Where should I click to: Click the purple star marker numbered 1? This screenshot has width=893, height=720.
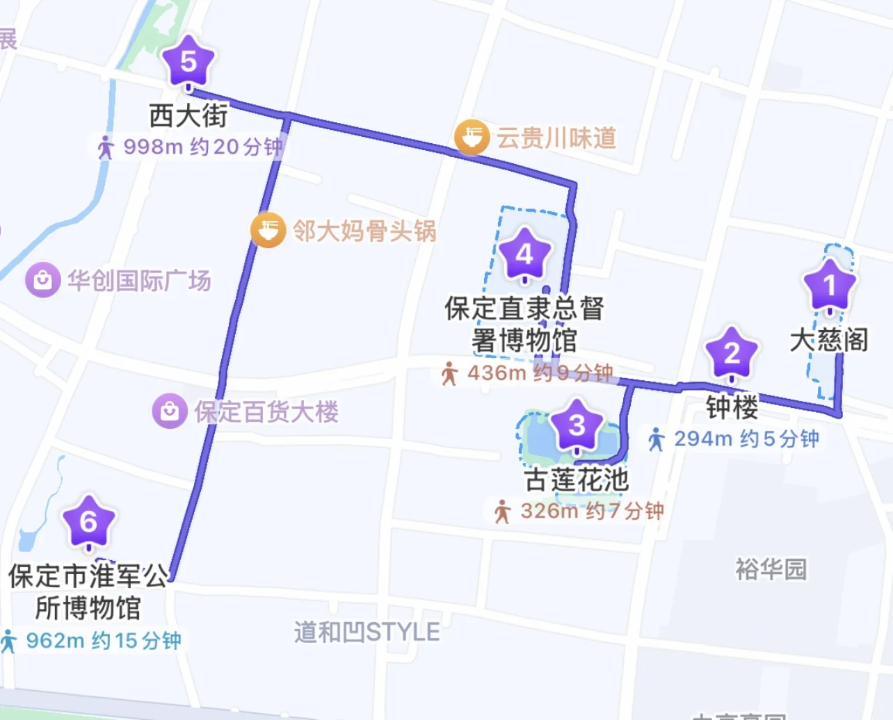(829, 285)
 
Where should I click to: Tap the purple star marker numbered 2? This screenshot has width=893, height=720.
(732, 353)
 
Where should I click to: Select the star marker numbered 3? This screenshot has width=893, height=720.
(577, 425)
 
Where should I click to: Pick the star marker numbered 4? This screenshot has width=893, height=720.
(524, 254)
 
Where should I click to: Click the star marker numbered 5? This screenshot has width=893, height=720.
(188, 62)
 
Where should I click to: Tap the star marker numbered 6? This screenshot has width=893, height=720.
(88, 521)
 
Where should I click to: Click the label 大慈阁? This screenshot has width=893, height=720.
(829, 340)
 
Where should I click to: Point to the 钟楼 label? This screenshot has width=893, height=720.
(732, 407)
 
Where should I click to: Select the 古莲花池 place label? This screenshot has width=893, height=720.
(577, 480)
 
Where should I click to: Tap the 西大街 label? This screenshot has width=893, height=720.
(188, 115)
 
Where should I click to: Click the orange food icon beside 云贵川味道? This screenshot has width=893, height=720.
(472, 137)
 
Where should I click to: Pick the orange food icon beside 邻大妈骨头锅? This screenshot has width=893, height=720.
(268, 230)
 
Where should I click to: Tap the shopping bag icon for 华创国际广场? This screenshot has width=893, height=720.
(42, 280)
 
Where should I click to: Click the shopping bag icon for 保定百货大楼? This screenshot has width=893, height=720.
(170, 411)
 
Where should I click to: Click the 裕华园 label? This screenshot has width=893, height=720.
(771, 569)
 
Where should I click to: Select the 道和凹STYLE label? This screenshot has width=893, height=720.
(367, 632)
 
